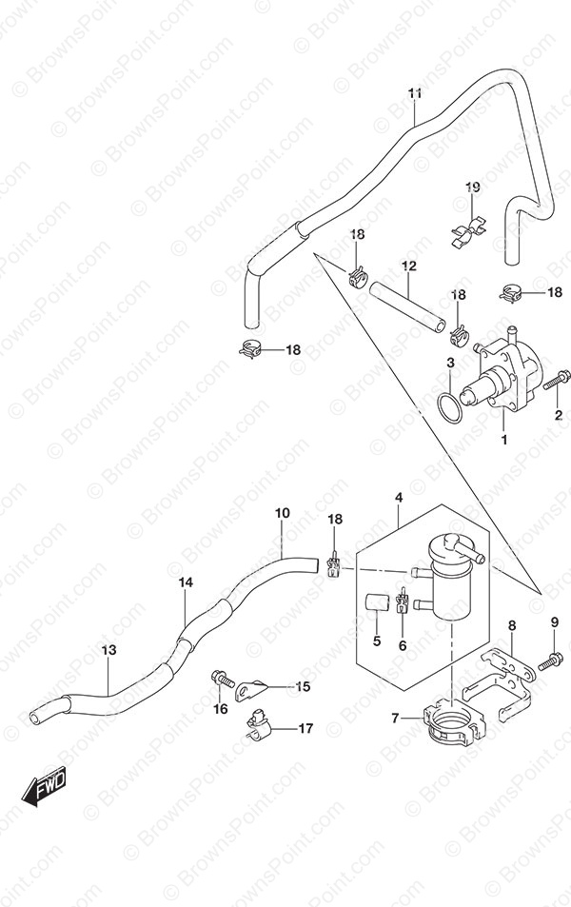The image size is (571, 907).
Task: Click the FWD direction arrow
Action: (44, 785)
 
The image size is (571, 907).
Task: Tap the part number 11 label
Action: (414, 93)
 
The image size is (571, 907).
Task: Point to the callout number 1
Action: (503, 440)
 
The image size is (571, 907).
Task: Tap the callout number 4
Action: (399, 497)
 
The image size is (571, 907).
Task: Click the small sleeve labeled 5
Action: (377, 602)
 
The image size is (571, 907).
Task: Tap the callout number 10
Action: (283, 513)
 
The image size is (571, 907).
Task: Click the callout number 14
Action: (186, 582)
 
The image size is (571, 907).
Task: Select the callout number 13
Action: (108, 650)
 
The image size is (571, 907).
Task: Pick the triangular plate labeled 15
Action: (252, 689)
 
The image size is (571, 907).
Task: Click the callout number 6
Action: (403, 645)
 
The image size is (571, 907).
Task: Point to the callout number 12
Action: (409, 266)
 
